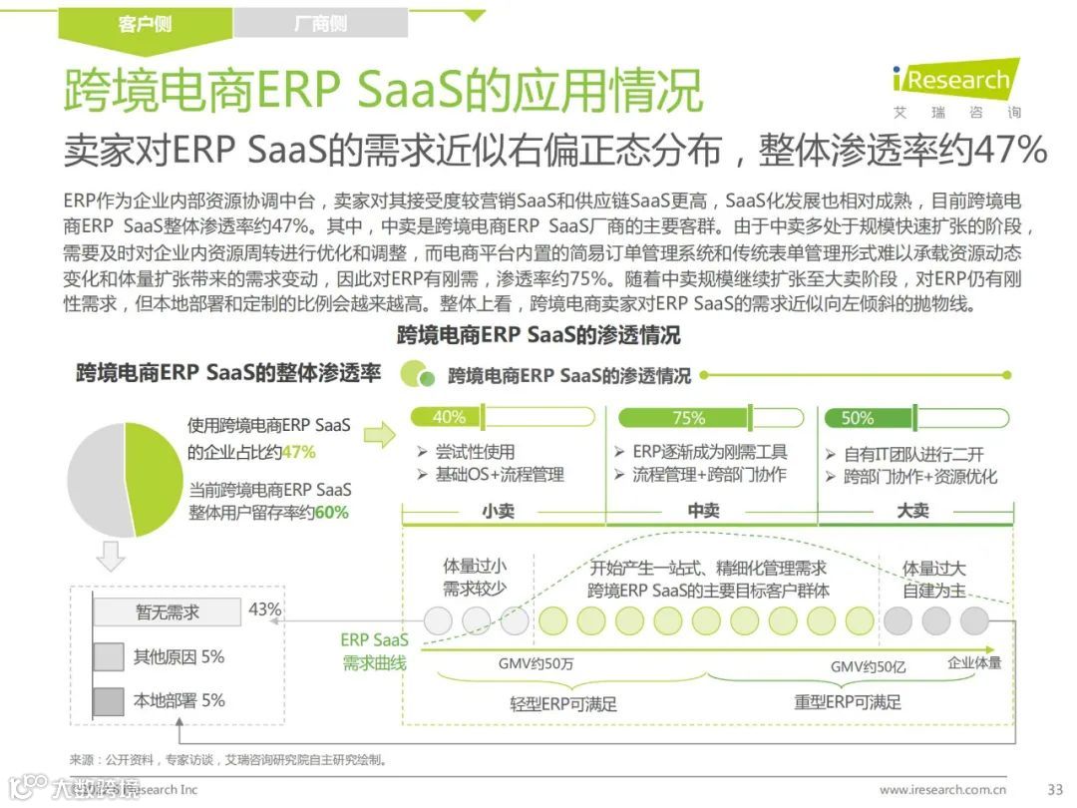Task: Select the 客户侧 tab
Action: coord(146,23)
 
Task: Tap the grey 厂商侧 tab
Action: coord(320,23)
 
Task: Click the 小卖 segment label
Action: coord(499,510)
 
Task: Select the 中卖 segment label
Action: coord(703,510)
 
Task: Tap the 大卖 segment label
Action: coord(911,510)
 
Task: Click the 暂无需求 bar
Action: coord(168,612)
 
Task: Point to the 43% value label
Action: coord(265,608)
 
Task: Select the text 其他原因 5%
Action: coord(179,656)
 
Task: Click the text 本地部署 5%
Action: coord(179,700)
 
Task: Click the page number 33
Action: coord(1055,789)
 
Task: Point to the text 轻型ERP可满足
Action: coord(563,703)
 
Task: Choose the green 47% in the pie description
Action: coord(298,452)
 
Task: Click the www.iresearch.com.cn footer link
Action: coord(942,790)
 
